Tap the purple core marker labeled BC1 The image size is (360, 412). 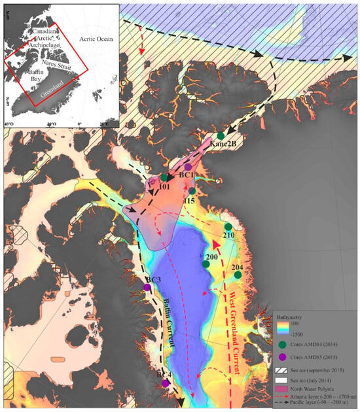(187, 167)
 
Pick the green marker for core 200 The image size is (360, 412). (205, 255)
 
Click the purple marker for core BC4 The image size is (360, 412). (164, 383)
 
